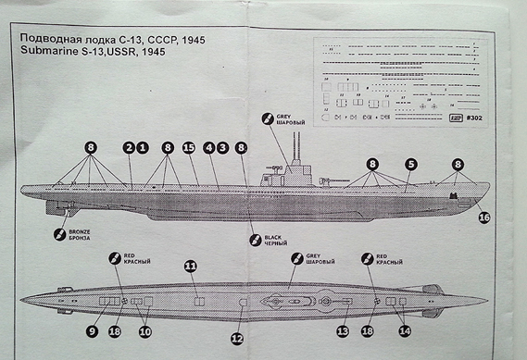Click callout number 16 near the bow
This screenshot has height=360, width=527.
484,217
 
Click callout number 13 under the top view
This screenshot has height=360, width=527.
343,330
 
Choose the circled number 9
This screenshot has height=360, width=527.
94,330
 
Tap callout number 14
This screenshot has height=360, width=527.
405,330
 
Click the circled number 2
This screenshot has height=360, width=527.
128,147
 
